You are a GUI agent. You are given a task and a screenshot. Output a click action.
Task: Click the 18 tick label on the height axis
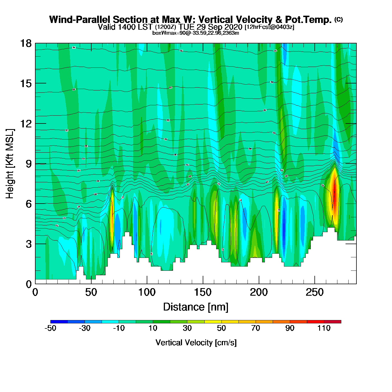click(25, 43)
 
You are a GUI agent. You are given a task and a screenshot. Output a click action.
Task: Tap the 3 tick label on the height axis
click(29, 244)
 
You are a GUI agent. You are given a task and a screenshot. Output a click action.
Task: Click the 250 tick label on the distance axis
click(314, 293)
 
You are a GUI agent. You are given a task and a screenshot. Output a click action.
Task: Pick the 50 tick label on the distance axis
click(91, 293)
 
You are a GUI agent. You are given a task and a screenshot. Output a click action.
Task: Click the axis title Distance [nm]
click(196, 307)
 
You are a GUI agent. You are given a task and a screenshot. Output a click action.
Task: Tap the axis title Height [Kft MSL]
click(10, 164)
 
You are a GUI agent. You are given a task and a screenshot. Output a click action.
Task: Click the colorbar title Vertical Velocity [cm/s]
click(196, 343)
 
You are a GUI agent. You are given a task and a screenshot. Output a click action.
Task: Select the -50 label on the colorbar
click(50, 328)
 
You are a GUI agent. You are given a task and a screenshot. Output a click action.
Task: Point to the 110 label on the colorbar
click(324, 328)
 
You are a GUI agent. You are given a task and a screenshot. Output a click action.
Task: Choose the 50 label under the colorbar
click(221, 328)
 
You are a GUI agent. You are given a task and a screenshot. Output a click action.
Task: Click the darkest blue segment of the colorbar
click(59, 322)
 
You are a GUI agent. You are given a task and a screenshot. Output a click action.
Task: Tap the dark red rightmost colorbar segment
click(333, 322)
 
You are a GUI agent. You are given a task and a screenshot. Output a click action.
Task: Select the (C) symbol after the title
click(339, 19)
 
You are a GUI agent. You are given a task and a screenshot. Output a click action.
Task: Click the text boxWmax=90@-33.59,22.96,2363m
click(195, 33)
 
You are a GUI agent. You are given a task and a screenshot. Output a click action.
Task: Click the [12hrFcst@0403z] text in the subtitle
click(269, 27)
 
